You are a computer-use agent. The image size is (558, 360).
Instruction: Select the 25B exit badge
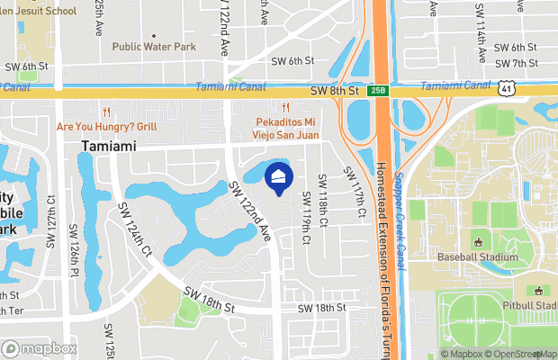pos(376,91)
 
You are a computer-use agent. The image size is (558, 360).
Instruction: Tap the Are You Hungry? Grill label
pos(106,127)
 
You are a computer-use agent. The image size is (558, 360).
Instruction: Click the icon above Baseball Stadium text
pos(479,243)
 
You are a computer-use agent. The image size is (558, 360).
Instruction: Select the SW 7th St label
pos(515,63)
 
